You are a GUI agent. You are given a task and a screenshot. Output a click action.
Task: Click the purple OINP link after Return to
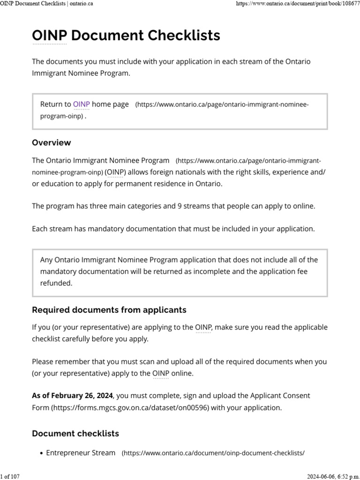click(81, 105)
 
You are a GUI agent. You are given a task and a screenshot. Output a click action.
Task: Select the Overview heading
click(51, 142)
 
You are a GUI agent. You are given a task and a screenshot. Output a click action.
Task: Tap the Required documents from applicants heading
click(109, 310)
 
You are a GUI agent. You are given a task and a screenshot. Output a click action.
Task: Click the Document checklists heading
click(75, 433)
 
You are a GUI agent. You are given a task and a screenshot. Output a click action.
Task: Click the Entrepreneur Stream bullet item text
click(81, 453)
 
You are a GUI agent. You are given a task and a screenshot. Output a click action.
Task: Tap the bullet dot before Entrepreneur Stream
click(42, 453)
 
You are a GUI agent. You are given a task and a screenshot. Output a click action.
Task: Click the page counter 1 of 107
click(10, 476)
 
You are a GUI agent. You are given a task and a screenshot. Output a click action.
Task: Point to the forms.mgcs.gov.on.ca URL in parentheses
click(130, 408)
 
